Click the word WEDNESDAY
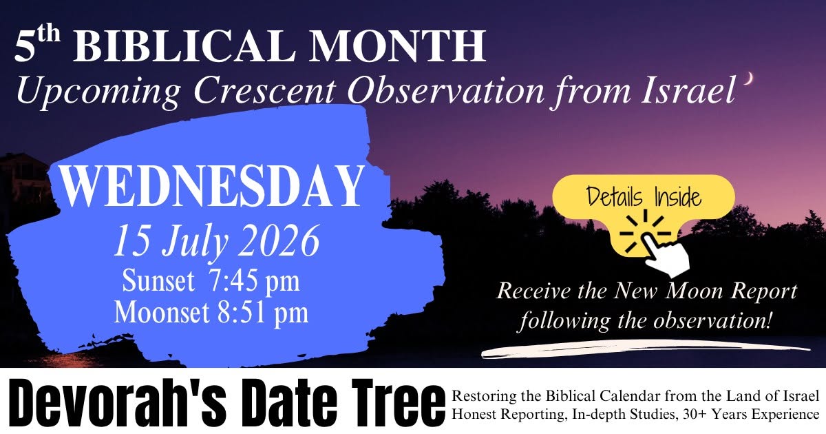pyautogui.click(x=212, y=187)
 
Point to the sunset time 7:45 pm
pyautogui.click(x=254, y=280)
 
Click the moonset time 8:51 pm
pyautogui.click(x=262, y=312)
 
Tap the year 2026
pyautogui.click(x=279, y=240)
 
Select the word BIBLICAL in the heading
pyautogui.click(x=184, y=46)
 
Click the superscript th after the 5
pyautogui.click(x=48, y=34)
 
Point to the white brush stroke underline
pyautogui.click(x=646, y=349)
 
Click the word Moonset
pyautogui.click(x=162, y=312)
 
